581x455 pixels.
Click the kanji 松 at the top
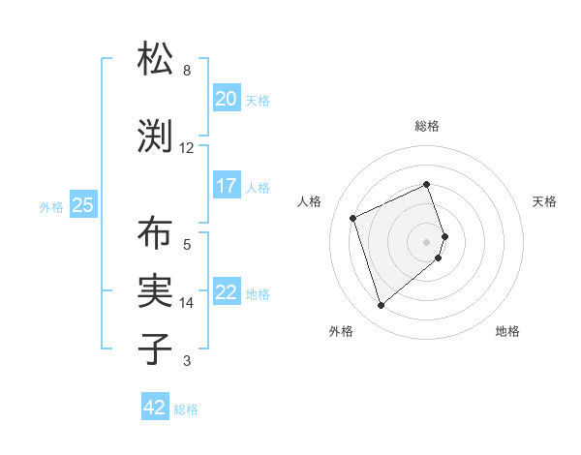point(157,59)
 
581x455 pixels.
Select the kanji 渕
point(157,136)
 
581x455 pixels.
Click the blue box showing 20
point(226,98)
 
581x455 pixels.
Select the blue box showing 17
point(226,185)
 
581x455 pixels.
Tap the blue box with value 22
point(226,293)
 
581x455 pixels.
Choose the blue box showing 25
point(82,204)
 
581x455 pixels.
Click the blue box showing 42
point(155,408)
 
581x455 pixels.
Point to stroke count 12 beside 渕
point(187,148)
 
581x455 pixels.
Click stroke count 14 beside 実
point(187,303)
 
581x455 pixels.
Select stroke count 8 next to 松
point(187,71)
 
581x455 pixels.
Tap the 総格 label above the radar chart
point(427,126)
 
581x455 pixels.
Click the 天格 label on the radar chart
point(544,201)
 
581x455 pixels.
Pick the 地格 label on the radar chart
point(507,331)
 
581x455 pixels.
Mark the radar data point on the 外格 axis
point(381,306)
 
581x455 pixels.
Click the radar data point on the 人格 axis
point(353,217)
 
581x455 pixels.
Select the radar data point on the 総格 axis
point(427,184)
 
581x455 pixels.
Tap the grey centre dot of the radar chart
point(427,241)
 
